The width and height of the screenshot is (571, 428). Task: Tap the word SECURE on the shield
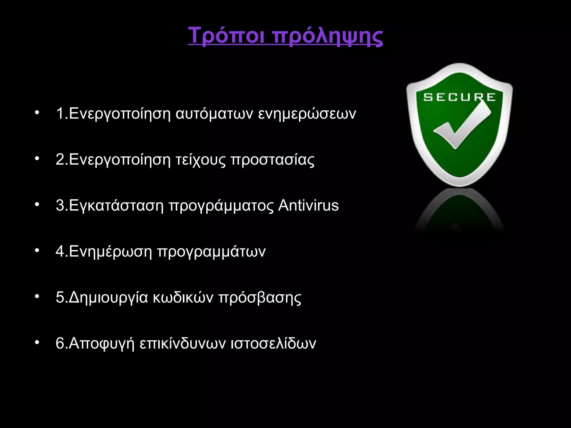pos(459,97)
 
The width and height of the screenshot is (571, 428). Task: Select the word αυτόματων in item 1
pos(214,114)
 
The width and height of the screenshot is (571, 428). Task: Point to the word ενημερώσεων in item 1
pos(307,114)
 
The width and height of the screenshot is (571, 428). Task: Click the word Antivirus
pos(308,205)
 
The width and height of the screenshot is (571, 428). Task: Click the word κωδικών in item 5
pos(183,297)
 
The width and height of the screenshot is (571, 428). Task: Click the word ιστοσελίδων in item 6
pos(273,343)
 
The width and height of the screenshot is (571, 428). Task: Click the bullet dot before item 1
pos(36,113)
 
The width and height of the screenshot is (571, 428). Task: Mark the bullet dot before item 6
pos(36,342)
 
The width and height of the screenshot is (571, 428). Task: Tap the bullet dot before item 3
pos(36,205)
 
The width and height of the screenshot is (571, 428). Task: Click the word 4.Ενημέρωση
pos(104,251)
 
